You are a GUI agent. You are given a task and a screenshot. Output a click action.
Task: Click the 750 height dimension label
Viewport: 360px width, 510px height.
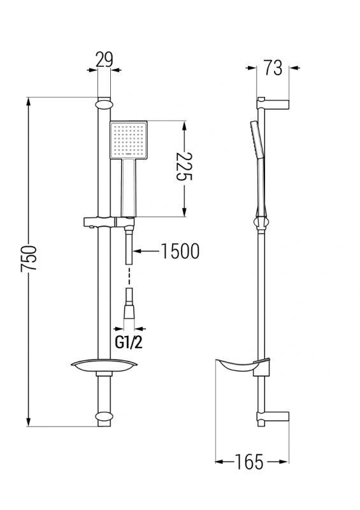click(x=29, y=259)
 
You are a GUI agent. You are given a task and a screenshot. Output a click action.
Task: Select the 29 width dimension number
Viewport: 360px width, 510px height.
click(x=104, y=59)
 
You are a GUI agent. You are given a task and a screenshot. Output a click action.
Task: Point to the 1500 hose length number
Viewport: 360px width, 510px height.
click(x=180, y=251)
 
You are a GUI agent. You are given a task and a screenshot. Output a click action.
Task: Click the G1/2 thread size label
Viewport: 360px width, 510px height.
click(x=129, y=342)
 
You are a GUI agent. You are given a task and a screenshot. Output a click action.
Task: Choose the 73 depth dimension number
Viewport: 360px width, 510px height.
click(x=273, y=68)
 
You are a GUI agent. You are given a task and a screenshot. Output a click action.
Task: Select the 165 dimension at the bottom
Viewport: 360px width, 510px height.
click(x=249, y=462)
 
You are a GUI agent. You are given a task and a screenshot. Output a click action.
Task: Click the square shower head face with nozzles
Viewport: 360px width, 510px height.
click(x=129, y=140)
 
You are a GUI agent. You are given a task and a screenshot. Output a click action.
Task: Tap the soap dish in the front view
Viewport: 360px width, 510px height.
click(x=104, y=367)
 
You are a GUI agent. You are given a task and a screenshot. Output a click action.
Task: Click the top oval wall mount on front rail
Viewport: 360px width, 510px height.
click(x=104, y=105)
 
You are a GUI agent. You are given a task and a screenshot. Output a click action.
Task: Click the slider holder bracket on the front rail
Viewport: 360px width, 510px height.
click(x=109, y=222)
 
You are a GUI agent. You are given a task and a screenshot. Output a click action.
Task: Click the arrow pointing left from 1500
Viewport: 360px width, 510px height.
click(x=147, y=251)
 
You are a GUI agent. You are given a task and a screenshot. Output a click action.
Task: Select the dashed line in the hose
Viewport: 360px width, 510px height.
click(x=130, y=276)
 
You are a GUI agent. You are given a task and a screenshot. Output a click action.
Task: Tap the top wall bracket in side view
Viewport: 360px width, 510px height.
click(x=273, y=103)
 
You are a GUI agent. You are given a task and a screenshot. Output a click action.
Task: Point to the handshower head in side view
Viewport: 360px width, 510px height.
click(x=257, y=140)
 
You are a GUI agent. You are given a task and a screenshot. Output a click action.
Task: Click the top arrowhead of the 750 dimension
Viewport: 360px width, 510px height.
click(x=29, y=101)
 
